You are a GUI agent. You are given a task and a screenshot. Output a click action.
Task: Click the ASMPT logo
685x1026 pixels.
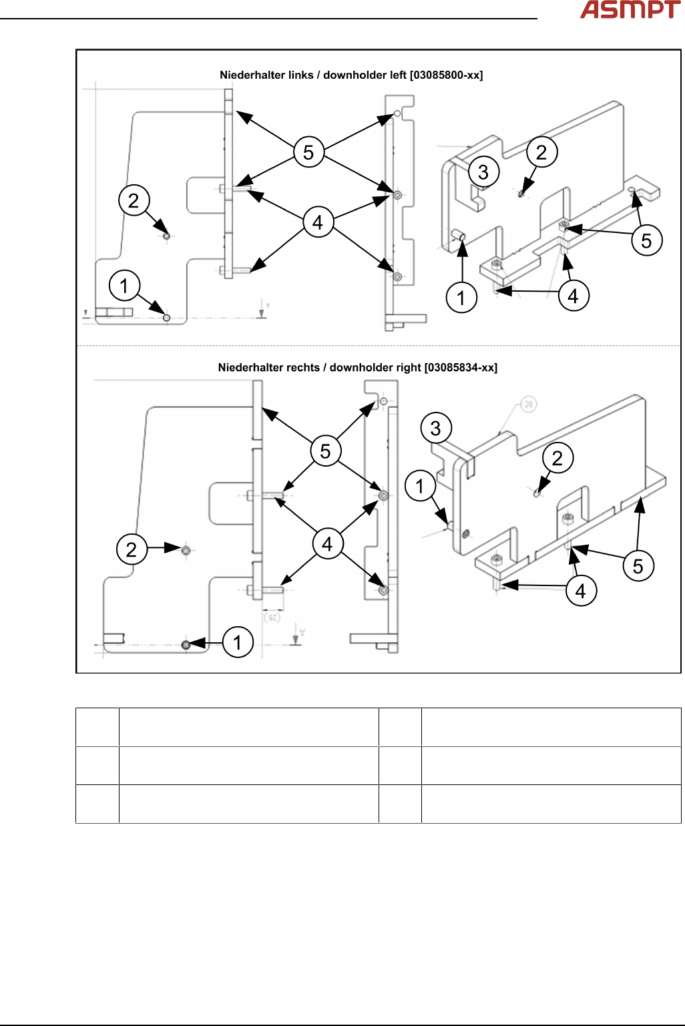pos(630,10)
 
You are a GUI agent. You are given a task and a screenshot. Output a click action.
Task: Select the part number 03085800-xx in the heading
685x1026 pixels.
pos(447,75)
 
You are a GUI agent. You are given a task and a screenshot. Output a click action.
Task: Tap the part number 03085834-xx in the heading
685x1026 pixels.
pos(461,368)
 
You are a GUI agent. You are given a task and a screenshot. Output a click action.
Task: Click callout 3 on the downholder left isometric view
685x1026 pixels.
pos(483,172)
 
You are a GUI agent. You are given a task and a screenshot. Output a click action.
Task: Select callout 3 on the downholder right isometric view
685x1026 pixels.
pos(436,428)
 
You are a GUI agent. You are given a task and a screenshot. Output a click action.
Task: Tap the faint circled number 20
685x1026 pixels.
pos(528,405)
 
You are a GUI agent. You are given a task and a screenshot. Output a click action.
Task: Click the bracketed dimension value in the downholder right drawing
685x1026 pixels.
pos(272,618)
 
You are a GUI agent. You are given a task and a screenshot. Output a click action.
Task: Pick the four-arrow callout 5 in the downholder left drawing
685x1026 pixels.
pos(308,153)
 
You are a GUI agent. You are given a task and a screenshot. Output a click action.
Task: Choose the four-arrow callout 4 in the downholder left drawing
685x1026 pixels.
pos(318,222)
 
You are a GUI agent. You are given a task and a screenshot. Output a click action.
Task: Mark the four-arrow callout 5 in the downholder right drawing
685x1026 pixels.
pos(325,451)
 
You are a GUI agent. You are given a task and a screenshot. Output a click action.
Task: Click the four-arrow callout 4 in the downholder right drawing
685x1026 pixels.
pos(327,544)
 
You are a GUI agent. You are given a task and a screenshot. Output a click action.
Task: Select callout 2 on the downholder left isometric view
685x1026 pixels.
pos(541,152)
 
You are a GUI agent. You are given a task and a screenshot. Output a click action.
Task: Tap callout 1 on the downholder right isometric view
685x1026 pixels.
pos(420,486)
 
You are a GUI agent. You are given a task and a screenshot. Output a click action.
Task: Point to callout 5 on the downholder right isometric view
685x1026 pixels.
pos(638,566)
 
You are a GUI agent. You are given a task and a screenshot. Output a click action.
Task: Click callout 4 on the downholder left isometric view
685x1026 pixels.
pos(573,296)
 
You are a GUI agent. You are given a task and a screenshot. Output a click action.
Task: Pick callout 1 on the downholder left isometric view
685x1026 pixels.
pos(461,298)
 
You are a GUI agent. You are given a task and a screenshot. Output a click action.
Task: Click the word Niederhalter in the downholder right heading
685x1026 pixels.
pos(244,368)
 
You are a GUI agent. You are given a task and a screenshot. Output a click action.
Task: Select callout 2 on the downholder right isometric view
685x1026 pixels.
pos(557,458)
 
